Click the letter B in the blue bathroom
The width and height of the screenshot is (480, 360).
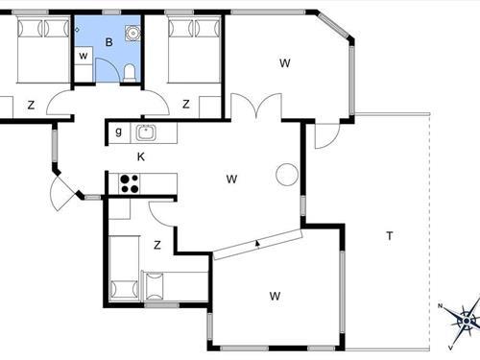point(109,42)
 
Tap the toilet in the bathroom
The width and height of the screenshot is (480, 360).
point(129,72)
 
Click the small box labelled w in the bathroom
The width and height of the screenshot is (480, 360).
point(84,55)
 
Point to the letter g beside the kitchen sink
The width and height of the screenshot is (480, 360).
point(118,132)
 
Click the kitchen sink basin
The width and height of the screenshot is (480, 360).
point(147,132)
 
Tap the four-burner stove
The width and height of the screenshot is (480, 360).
point(129,181)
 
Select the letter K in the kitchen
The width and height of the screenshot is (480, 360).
point(140,156)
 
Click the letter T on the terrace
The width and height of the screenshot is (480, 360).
point(390,235)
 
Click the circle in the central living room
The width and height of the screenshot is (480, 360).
point(286,174)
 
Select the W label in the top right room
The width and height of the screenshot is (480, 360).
point(285,63)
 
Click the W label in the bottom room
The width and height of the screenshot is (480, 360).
point(276,295)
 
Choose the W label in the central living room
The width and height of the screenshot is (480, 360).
point(231,179)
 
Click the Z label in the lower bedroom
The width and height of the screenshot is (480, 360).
point(156,245)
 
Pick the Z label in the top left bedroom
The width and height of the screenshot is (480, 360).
point(31,105)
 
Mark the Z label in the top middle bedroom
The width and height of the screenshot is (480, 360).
point(186,104)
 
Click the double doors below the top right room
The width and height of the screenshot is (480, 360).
point(254,107)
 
